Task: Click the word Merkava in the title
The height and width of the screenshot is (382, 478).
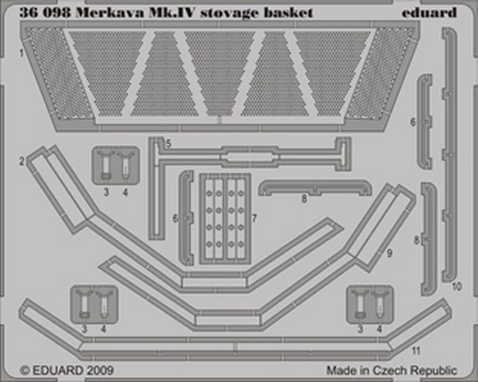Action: (110, 13)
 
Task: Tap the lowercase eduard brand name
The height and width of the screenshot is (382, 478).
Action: (429, 13)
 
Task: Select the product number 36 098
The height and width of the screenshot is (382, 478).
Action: (45, 13)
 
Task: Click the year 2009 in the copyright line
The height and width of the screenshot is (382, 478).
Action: (99, 370)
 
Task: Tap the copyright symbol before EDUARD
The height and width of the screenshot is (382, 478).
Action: (25, 371)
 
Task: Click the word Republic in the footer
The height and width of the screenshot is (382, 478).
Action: (433, 371)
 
